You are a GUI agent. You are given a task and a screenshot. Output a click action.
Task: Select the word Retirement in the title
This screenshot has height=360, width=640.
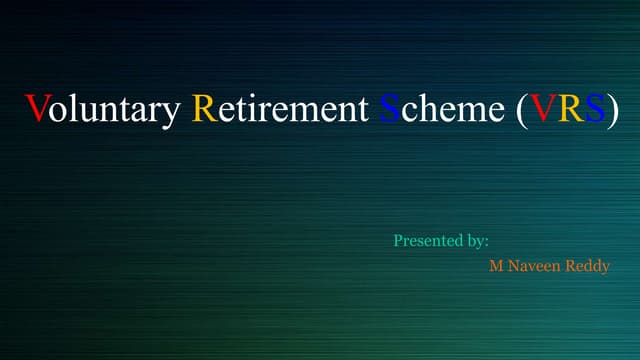(280, 108)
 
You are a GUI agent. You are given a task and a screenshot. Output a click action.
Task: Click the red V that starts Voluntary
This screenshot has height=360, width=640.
(36, 108)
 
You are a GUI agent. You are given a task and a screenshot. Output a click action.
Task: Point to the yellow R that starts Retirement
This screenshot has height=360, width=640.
(202, 108)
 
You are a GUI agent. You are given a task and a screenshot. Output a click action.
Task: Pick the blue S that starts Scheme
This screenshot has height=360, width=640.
(388, 108)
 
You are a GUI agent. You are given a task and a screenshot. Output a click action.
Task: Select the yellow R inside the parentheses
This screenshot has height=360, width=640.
(571, 108)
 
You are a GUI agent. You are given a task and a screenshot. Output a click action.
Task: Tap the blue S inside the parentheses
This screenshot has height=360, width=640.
(595, 108)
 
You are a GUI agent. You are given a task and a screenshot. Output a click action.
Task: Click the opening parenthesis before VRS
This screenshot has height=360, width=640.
(523, 109)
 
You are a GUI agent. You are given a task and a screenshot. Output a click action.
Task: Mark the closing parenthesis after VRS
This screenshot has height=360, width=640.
(612, 109)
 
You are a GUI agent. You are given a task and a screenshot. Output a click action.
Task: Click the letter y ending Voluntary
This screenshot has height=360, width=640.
(173, 112)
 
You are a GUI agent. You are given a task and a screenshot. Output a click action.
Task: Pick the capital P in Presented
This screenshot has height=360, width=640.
(398, 241)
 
